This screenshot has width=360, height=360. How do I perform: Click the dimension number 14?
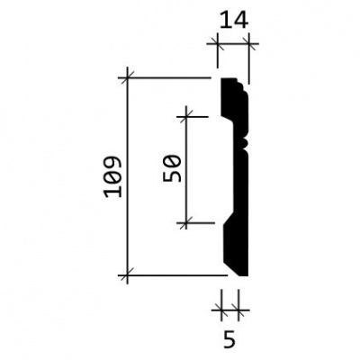[234, 20]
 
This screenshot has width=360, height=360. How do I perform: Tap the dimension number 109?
[113, 176]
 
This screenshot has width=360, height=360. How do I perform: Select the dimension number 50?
[172, 168]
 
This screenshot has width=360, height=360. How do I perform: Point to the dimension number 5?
[229, 339]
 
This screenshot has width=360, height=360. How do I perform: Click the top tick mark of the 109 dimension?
[128, 78]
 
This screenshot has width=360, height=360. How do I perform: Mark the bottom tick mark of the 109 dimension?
[128, 274]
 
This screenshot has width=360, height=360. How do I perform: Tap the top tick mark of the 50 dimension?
[186, 116]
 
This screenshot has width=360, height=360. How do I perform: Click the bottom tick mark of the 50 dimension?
[186, 223]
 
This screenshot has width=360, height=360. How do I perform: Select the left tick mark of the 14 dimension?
[218, 44]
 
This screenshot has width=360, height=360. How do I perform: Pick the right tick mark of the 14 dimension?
[248, 44]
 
